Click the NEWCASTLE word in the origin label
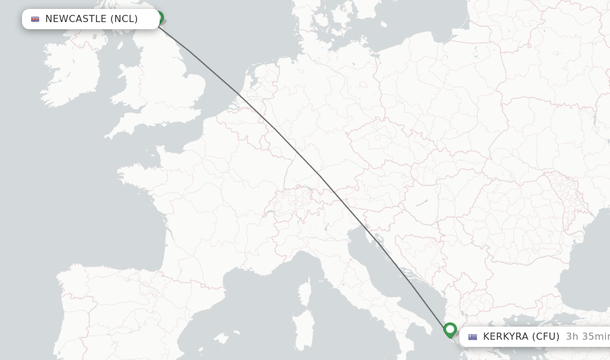pos(76,19)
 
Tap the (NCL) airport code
pos(125,19)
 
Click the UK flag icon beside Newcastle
pos(35,19)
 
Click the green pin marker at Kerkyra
pos(450,330)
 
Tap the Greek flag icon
pos(472,337)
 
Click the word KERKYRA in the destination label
pos(506,337)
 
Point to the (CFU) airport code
pos(546,337)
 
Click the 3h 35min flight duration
pos(587,337)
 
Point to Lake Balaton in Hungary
pos(421,203)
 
